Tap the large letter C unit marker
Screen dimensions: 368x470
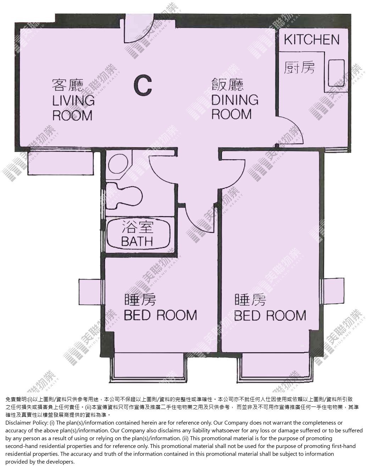(x=143, y=85)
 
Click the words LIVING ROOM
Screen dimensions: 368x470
(x=73, y=107)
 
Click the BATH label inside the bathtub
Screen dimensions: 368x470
(x=137, y=241)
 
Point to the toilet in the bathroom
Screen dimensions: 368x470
(x=124, y=196)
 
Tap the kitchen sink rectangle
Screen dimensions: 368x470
(x=336, y=73)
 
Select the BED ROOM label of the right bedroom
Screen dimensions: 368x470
(x=270, y=316)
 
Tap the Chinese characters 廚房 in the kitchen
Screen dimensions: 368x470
(x=299, y=67)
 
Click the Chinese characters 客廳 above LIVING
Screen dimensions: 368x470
(x=68, y=85)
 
